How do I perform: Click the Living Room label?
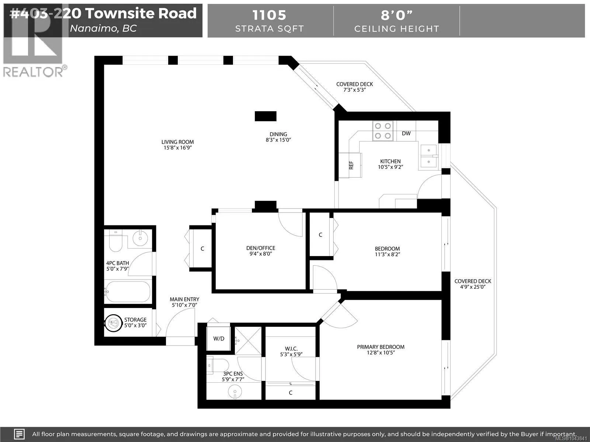pos(177,145)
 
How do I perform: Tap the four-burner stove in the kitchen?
pos(383,131)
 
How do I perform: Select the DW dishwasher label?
pos(406,133)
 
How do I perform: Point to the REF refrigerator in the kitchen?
pos(350,165)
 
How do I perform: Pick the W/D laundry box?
pos(219,338)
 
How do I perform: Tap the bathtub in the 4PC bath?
pos(128,292)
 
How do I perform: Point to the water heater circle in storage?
pos(113,323)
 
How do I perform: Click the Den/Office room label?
pos(261,251)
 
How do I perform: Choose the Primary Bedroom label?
pos(381,350)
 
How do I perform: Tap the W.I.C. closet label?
pos(291,351)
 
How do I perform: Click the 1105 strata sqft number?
pos(269,15)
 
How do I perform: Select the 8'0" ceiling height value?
pos(396,15)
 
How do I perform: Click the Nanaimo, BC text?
pos(103,28)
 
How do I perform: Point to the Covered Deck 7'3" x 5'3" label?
pos(354,87)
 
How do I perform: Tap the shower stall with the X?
pos(248,341)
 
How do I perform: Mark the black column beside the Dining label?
pos(265,116)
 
